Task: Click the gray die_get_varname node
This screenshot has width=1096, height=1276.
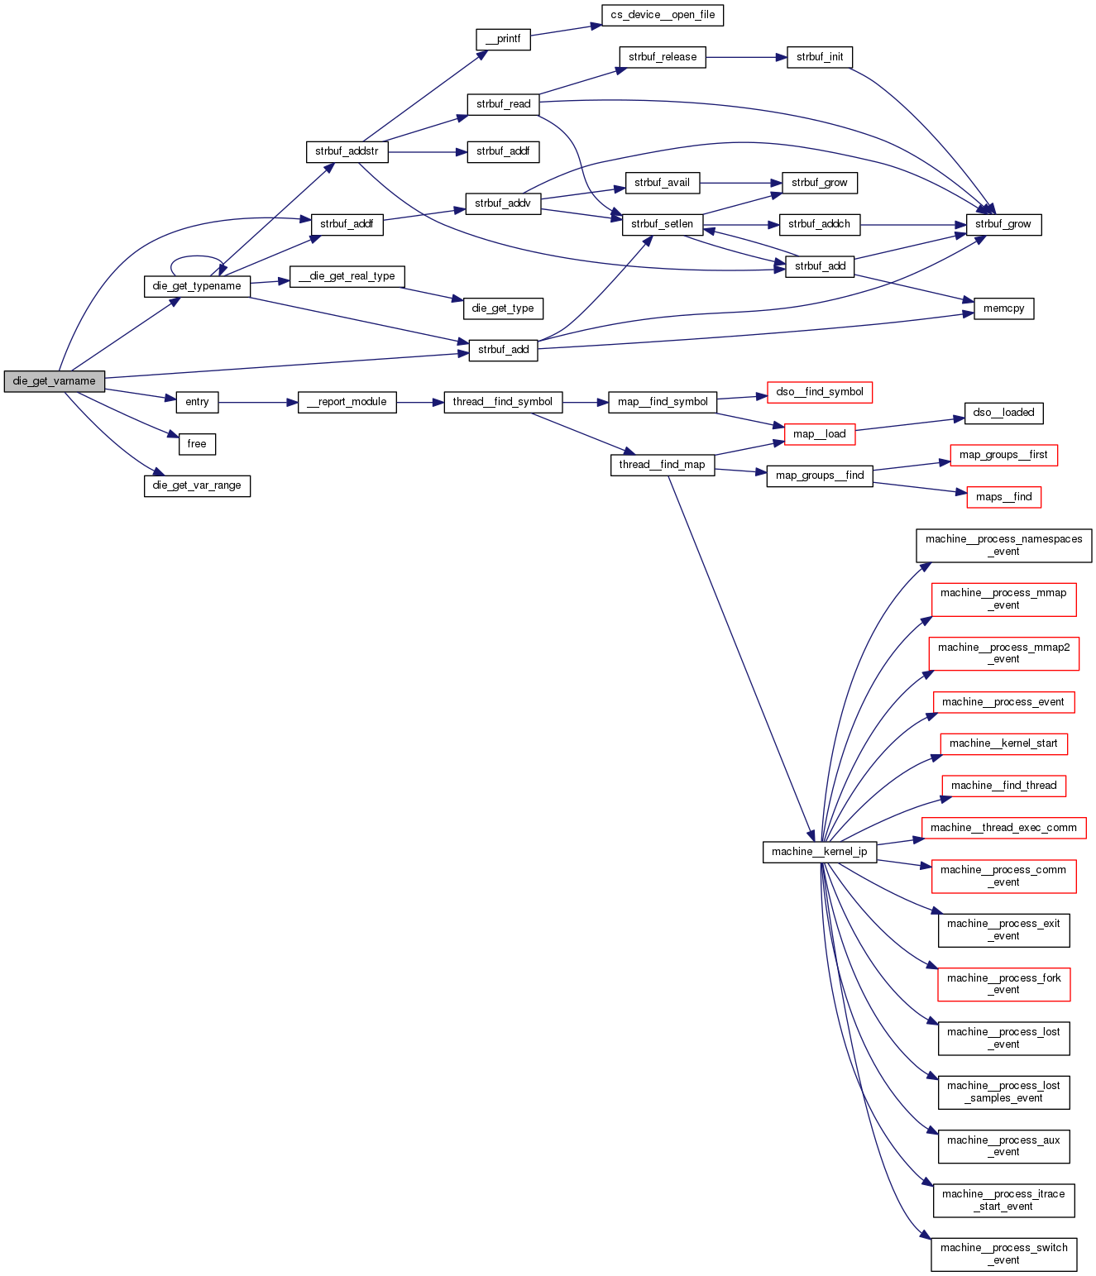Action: (x=55, y=381)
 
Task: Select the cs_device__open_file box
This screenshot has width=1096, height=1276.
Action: (x=663, y=15)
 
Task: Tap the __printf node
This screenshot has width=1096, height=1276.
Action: (x=503, y=39)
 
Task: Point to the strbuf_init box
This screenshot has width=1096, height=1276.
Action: (x=820, y=57)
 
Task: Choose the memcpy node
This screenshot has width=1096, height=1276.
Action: (x=1004, y=308)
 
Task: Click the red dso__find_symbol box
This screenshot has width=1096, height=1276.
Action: (x=820, y=392)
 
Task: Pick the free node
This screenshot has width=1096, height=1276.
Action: (x=197, y=444)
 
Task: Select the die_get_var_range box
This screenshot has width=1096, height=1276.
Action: (x=197, y=485)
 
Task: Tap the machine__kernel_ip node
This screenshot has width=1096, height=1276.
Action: (x=819, y=852)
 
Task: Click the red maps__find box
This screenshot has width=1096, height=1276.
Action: (x=1004, y=497)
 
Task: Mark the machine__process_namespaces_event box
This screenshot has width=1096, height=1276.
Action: (x=1004, y=546)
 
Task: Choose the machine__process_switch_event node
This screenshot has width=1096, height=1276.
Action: (x=1004, y=1254)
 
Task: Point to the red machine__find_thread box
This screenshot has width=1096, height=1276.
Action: (x=1004, y=786)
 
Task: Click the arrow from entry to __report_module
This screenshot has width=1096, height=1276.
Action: (x=257, y=403)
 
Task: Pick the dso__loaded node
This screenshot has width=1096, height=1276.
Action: (x=1004, y=413)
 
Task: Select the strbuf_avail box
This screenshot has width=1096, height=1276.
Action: (x=662, y=183)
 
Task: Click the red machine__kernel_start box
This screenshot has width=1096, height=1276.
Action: (x=1004, y=743)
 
